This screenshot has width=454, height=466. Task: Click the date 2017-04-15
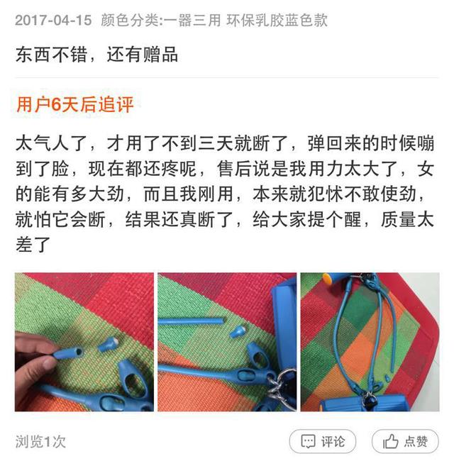tap(53, 21)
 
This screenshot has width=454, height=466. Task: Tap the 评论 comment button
tap(323, 441)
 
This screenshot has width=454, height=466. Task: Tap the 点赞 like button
tap(405, 441)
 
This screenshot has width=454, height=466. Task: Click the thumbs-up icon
tap(390, 441)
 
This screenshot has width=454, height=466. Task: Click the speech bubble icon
tap(308, 442)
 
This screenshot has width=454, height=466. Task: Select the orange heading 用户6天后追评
tap(75, 104)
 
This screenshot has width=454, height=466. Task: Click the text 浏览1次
tap(40, 442)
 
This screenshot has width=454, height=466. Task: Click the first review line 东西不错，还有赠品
tap(97, 55)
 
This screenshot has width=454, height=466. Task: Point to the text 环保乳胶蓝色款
tap(277, 21)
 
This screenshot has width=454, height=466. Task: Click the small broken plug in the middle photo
tap(238, 331)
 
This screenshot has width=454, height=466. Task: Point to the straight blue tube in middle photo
tap(191, 321)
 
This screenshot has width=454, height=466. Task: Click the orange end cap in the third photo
tap(327, 279)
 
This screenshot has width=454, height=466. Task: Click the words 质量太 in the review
tap(407, 220)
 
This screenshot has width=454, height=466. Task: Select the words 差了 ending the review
tap(33, 245)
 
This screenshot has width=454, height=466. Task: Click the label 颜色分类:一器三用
tap(160, 21)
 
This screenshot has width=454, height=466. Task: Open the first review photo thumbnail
tap(84, 342)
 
